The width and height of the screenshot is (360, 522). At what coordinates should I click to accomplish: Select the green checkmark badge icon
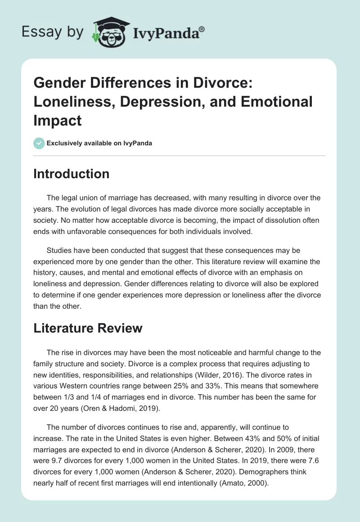click(x=39, y=143)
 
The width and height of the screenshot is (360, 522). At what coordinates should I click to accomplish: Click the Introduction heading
click(x=71, y=174)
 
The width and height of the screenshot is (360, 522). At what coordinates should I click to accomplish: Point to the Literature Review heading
click(x=88, y=328)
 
